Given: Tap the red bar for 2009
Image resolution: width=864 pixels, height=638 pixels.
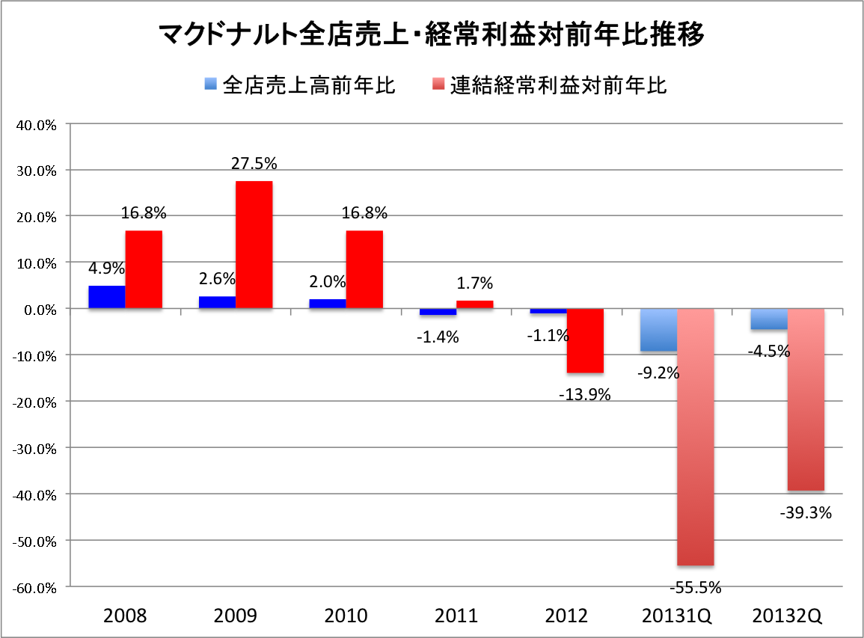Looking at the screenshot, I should (x=254, y=245).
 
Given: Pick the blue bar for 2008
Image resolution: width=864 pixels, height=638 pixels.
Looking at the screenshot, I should (x=107, y=297).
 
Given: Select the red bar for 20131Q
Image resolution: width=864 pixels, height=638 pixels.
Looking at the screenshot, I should (x=696, y=437).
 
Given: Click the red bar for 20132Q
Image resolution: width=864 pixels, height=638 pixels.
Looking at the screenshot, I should (x=806, y=399).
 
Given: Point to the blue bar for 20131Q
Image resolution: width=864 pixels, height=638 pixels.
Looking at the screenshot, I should (x=659, y=330).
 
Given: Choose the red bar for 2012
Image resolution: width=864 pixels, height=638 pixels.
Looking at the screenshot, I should (x=585, y=340).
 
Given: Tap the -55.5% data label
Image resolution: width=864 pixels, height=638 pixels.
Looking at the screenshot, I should (x=696, y=587).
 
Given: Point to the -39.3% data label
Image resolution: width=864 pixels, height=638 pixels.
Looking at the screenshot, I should (x=806, y=513).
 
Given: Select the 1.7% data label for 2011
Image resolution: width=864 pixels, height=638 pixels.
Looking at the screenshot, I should (x=475, y=283).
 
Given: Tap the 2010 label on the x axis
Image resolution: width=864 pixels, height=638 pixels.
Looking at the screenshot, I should (x=346, y=617).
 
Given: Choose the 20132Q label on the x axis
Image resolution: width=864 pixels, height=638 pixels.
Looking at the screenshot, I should (x=788, y=617).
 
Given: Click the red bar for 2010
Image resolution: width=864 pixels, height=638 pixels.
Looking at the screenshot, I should (x=364, y=269).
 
